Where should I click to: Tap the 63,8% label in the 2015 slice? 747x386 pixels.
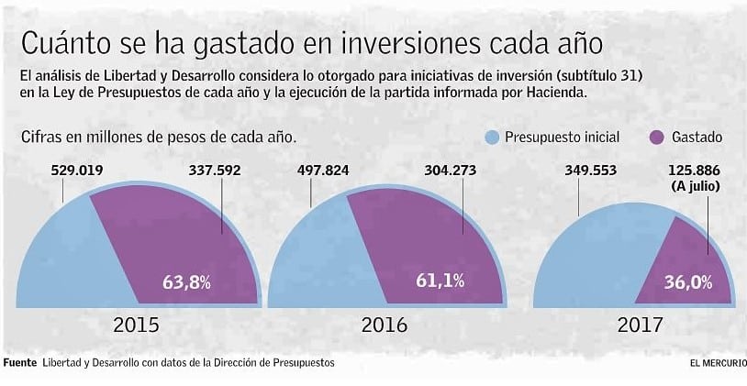[185, 282]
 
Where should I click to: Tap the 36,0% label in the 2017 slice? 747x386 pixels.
[687, 282]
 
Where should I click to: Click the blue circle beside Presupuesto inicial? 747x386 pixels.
[493, 138]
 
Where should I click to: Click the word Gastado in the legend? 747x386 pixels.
[697, 138]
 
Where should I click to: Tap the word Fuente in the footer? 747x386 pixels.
[19, 363]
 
